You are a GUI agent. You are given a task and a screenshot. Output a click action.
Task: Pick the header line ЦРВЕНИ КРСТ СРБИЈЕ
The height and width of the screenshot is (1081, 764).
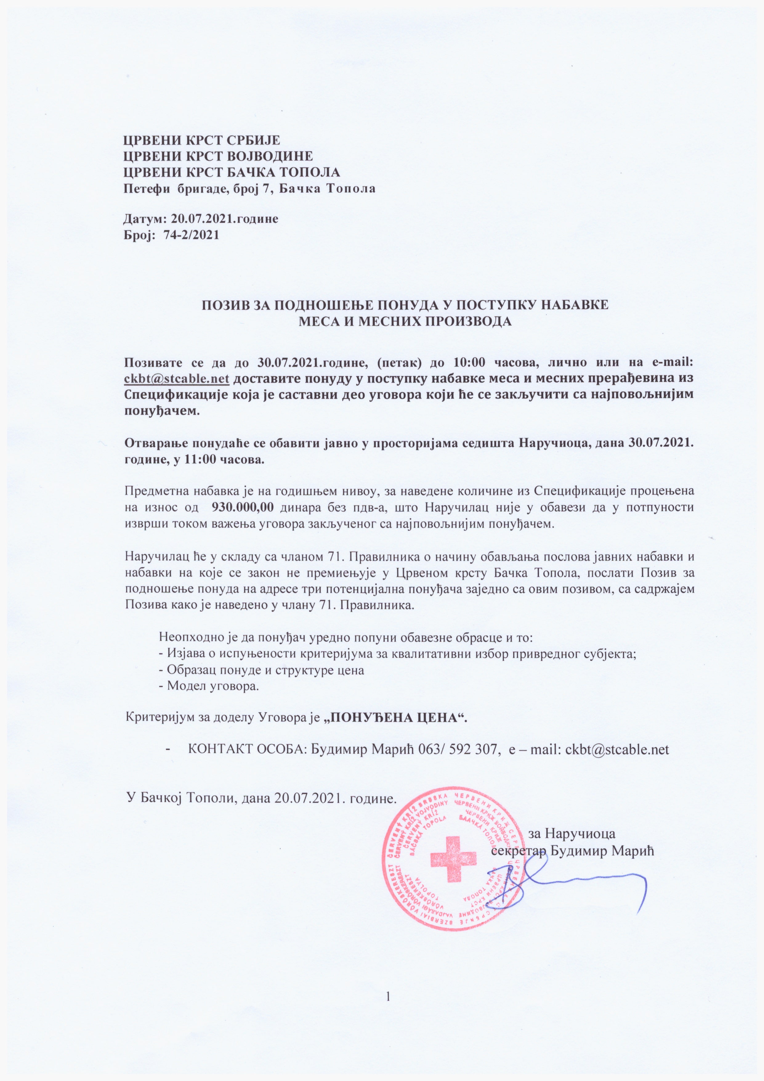pos(201,140)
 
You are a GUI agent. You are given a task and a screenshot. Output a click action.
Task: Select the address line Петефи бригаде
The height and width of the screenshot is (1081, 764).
pos(249,189)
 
